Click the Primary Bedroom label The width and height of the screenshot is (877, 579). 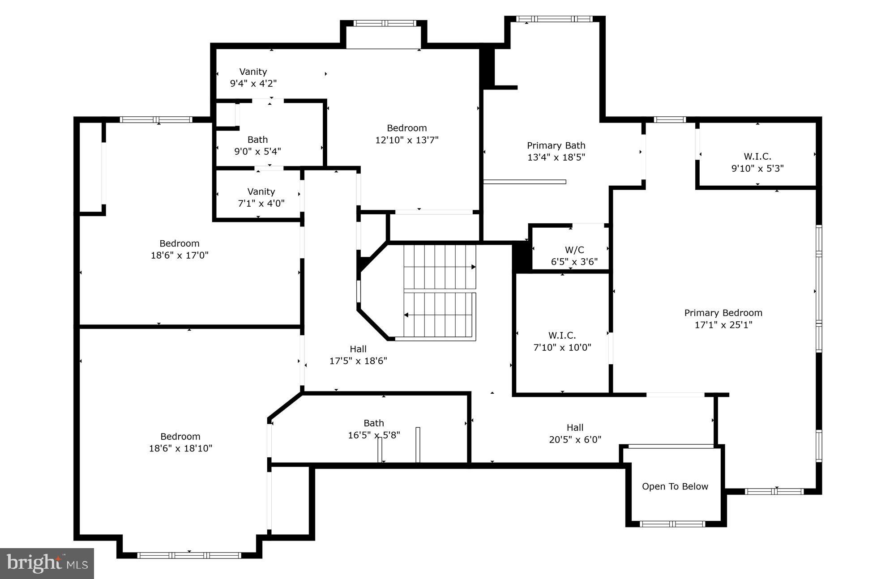[x=723, y=313]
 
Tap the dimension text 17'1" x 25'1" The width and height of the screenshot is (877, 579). [x=723, y=325]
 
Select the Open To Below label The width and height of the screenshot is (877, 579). [x=675, y=486]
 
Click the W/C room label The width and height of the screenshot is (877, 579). [x=574, y=250]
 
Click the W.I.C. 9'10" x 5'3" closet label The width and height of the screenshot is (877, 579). [x=757, y=162]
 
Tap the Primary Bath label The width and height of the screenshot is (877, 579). [x=556, y=145]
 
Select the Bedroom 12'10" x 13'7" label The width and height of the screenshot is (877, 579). [x=406, y=134]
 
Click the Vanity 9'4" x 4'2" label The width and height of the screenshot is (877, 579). [x=253, y=77]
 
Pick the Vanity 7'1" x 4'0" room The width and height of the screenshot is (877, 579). [x=261, y=197]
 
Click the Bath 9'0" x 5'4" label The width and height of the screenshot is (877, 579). [x=257, y=145]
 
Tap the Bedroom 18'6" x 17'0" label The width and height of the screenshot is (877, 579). [x=180, y=249]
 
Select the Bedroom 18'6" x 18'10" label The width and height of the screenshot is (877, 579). [x=180, y=442]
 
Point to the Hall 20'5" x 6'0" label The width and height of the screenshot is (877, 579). [x=575, y=433]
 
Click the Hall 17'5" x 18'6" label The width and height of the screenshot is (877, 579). [x=358, y=355]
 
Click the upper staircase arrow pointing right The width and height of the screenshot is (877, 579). [x=473, y=267]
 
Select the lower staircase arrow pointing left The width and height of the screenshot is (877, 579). [x=406, y=315]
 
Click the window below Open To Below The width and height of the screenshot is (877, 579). [x=672, y=524]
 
